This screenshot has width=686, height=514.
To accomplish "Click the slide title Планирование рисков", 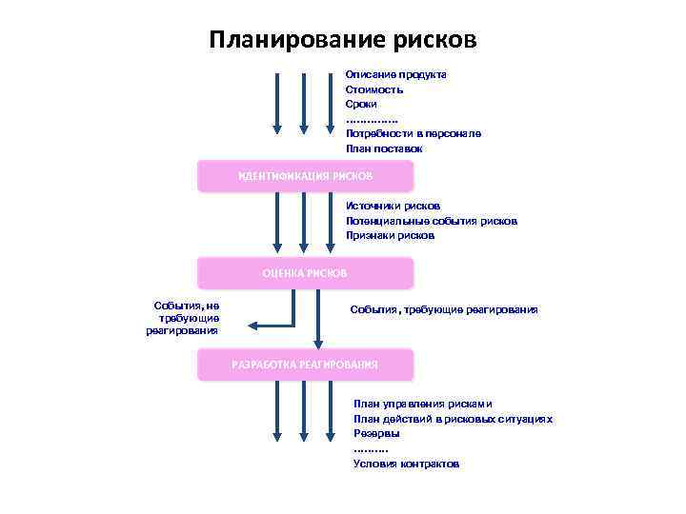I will pos(342,40).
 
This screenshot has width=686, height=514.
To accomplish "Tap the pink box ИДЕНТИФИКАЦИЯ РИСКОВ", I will pos(305,177).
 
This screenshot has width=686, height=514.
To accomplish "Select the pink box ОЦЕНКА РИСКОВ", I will pos(305,273).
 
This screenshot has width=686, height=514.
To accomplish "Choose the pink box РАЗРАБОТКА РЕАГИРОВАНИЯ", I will pos(305,365).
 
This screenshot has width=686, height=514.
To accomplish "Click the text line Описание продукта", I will pos(395,74).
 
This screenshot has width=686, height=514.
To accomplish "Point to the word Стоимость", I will pos(373,89).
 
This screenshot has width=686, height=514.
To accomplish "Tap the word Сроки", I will pos(361,104).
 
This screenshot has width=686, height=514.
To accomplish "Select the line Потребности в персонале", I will pos(413,134).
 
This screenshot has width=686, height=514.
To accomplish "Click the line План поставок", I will pos(383,149).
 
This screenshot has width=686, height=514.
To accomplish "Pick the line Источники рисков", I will pos(393,206).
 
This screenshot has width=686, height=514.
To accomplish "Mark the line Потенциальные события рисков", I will pos(431,221).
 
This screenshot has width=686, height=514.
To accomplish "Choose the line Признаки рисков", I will pos(389,235).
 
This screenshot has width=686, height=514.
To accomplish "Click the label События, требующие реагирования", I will pos(443,309).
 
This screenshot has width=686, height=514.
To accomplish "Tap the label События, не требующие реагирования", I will pos(184,318).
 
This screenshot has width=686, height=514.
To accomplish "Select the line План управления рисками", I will pos(422,404).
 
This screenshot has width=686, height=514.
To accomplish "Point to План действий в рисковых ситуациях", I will pos(453,419).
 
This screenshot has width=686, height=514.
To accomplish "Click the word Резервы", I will pos(376,433).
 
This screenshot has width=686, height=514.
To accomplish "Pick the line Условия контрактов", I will pos(406,464).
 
